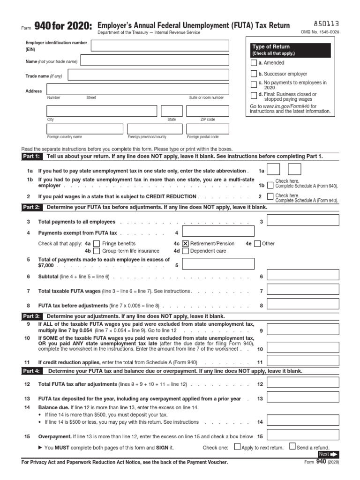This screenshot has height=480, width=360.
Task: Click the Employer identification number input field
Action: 160,45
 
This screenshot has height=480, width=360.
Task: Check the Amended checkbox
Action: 254,63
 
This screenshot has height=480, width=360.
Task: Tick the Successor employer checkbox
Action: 254,74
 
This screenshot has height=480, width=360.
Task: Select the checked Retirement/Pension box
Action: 185,243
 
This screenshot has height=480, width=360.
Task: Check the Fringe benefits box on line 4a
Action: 97,243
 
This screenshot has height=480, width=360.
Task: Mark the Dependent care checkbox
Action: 185,251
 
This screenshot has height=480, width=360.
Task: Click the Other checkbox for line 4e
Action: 257,243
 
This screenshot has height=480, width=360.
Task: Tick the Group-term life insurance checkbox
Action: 97,251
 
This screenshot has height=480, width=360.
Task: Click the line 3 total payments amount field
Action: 300,222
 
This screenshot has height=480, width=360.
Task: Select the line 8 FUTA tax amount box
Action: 300,305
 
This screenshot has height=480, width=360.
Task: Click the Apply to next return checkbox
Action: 237,447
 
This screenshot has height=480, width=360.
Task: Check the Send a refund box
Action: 292,447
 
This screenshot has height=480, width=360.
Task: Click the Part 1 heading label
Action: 31,157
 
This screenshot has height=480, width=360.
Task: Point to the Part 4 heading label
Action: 31,371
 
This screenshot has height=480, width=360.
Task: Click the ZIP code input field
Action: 208,111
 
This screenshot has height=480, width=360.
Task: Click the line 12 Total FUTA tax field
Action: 300,384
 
